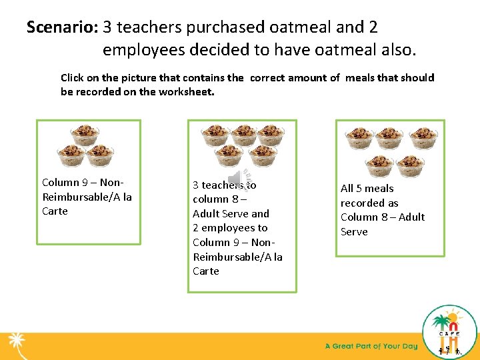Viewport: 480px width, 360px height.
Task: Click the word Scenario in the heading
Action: [62, 27]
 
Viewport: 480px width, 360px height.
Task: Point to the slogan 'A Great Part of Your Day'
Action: [371, 346]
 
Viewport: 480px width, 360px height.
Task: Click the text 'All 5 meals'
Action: [367, 189]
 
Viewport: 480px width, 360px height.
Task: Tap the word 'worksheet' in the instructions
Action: [184, 92]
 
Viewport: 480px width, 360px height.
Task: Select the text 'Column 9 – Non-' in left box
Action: [83, 183]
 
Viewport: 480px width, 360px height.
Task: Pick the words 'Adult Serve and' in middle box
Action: [231, 214]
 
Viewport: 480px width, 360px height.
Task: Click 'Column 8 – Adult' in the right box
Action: [382, 217]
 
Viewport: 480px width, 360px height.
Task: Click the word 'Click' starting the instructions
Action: [73, 78]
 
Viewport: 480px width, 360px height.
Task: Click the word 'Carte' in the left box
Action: [55, 211]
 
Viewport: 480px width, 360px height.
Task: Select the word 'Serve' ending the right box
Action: [354, 232]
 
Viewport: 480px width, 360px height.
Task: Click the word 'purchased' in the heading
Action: [228, 27]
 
